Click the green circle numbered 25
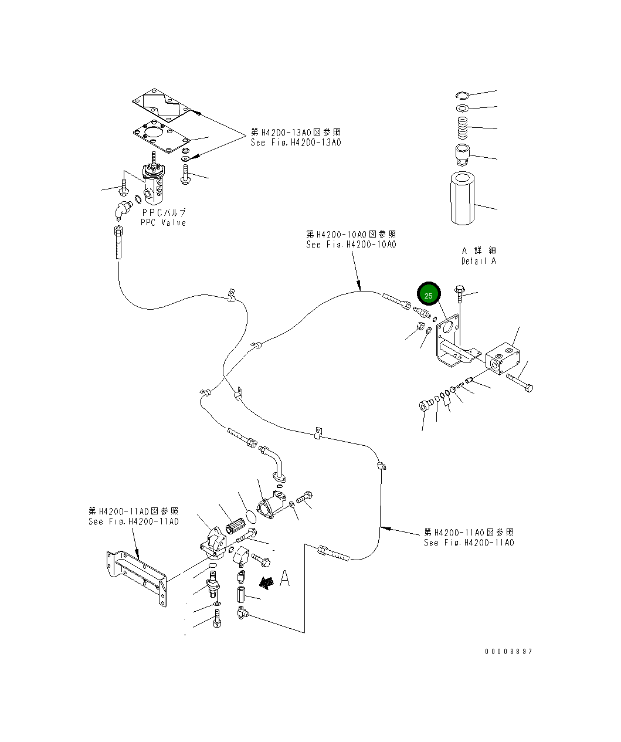pos(429,294)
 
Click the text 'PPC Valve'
pos(163,223)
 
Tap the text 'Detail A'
pos(479,261)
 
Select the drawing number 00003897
pos(508,652)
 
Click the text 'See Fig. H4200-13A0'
pos(296,143)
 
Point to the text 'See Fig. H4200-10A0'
pos(351,245)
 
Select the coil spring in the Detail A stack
pos(462,128)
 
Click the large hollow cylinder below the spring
pos(463,198)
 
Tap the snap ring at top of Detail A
pos(463,95)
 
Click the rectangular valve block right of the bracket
pos(503,358)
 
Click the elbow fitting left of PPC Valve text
pos(122,209)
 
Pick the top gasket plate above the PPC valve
pos(162,105)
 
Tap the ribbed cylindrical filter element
pos(236,526)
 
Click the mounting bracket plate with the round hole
pos(453,340)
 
